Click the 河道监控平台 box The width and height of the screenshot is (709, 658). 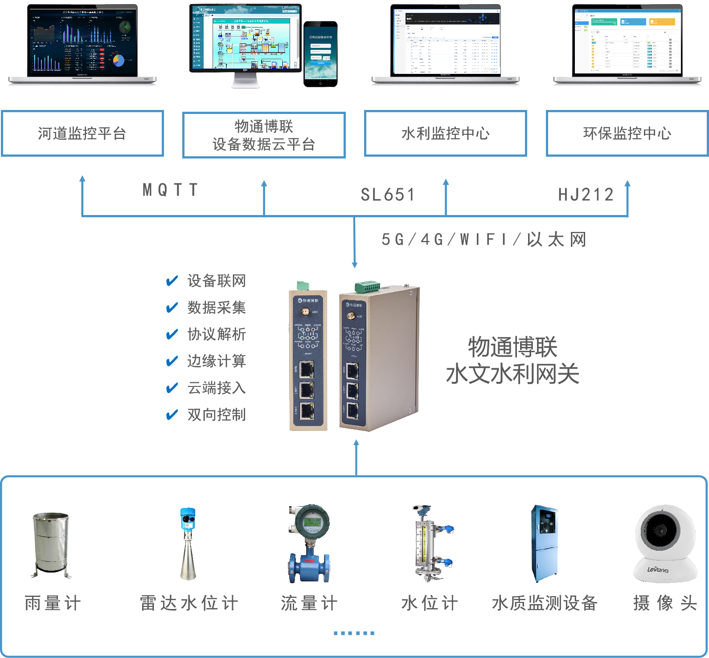[82, 133]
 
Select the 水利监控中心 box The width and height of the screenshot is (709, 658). [445, 133]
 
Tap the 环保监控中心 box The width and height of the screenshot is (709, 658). [627, 133]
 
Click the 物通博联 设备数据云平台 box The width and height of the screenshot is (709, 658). [264, 135]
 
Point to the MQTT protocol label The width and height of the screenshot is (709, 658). [170, 190]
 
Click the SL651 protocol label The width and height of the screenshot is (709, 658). [388, 195]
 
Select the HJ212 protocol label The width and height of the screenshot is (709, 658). [586, 195]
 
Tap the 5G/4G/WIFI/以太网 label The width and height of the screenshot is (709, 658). [484, 240]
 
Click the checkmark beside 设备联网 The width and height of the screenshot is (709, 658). [172, 281]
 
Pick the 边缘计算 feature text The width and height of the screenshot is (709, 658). [217, 361]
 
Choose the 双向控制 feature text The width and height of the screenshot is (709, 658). [217, 414]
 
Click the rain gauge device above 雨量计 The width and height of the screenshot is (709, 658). [51, 544]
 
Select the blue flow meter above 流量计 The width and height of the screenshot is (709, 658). [309, 544]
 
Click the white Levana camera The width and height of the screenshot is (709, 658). [665, 543]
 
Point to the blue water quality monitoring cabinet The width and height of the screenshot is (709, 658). [544, 544]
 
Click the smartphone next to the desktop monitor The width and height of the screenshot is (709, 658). [320, 53]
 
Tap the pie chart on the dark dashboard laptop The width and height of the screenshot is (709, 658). [119, 60]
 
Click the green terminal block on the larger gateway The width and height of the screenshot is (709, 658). [367, 286]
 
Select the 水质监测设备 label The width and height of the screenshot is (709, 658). [544, 603]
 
